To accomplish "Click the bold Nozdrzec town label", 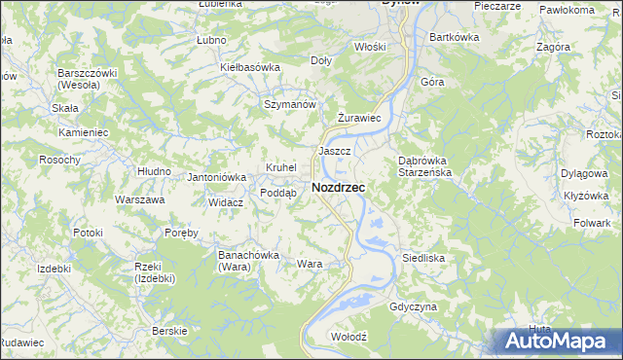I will (339, 188).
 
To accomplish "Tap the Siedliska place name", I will (423, 258).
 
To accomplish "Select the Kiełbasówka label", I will (250, 67).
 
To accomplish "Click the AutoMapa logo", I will (558, 342).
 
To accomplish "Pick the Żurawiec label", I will (357, 118).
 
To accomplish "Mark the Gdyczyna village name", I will (413, 306).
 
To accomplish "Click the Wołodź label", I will (348, 336).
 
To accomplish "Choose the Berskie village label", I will (169, 331).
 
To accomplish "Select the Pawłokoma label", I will (567, 10).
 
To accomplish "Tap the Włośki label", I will (371, 46).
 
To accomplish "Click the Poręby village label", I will (181, 233).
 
